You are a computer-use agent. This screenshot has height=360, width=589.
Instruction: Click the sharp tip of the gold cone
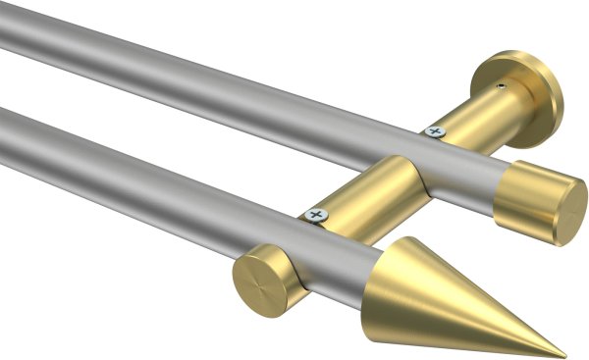click(x=564, y=355)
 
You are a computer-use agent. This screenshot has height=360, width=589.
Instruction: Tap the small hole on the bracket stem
click(x=503, y=86)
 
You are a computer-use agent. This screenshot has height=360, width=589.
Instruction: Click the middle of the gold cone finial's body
click(x=461, y=299)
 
